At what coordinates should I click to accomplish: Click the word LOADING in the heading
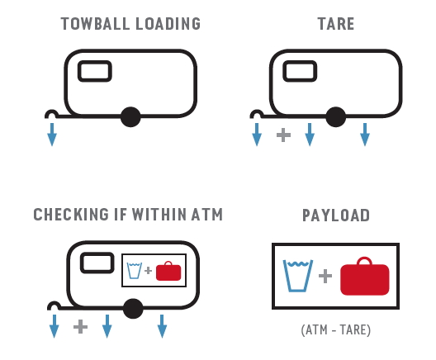coord(168,24)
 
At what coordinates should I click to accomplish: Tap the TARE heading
coord(336,24)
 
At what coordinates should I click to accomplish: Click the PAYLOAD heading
coord(336,216)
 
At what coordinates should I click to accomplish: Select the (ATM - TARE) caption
coord(336,330)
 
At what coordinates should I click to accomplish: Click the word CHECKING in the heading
coord(71,215)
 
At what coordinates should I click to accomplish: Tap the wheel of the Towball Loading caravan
coord(130,116)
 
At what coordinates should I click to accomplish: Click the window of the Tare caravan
coord(300,71)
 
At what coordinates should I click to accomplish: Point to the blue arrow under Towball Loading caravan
coord(52,135)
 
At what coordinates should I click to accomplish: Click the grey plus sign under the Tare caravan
coord(283,135)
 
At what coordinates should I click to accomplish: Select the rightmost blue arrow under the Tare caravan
coord(365,135)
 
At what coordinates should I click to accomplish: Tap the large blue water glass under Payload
coord(298,276)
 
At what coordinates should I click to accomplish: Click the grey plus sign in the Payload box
coord(325,276)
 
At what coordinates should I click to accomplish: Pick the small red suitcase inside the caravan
coord(168,272)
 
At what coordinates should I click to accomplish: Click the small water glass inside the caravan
coord(135,271)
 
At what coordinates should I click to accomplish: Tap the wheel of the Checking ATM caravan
coord(133,309)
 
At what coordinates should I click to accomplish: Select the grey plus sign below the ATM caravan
coord(80,327)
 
